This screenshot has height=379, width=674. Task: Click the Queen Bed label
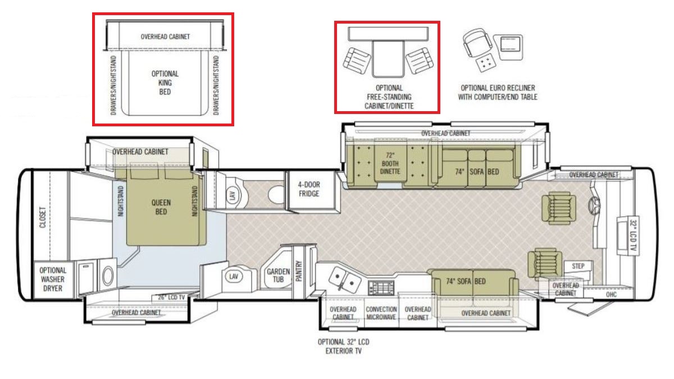point(161,207)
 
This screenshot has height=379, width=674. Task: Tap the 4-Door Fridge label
point(309,189)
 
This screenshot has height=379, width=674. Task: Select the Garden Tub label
point(278,275)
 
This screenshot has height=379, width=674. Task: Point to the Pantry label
point(299,271)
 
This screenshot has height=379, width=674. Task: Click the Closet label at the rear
point(43,217)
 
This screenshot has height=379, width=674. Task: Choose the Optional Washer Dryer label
point(53,279)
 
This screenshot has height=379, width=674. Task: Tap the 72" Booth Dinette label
point(390,163)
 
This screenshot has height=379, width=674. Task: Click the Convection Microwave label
point(381,313)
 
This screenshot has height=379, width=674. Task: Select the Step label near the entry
point(578,266)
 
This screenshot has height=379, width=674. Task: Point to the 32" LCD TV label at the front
point(633,236)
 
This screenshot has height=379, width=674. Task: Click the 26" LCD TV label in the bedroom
point(171,298)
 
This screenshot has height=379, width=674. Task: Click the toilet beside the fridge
point(276,194)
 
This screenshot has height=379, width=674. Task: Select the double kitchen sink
point(344,279)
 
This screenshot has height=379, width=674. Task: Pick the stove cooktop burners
point(381,288)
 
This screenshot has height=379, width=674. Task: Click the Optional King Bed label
point(165,83)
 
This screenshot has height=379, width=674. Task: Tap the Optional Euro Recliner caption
point(498,92)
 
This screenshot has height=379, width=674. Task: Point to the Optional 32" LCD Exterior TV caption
point(343,346)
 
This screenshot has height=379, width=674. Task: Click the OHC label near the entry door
point(611,294)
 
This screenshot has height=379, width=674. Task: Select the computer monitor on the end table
point(511,44)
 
